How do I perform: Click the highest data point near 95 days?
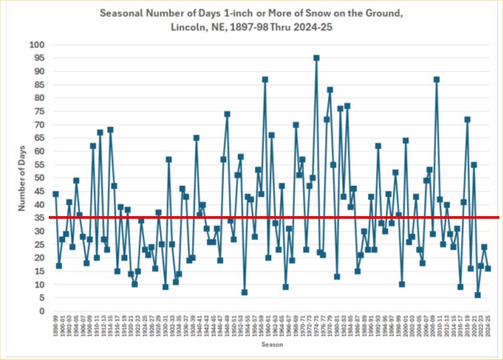(316, 58)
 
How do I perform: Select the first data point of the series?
(56, 194)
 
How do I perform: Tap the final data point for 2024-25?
(488, 268)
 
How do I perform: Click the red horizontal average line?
(268, 217)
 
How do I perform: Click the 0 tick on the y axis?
(41, 311)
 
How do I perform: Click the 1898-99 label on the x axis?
(56, 327)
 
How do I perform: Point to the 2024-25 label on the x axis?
(488, 327)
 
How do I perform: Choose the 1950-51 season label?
(234, 327)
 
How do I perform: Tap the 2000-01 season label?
(405, 327)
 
